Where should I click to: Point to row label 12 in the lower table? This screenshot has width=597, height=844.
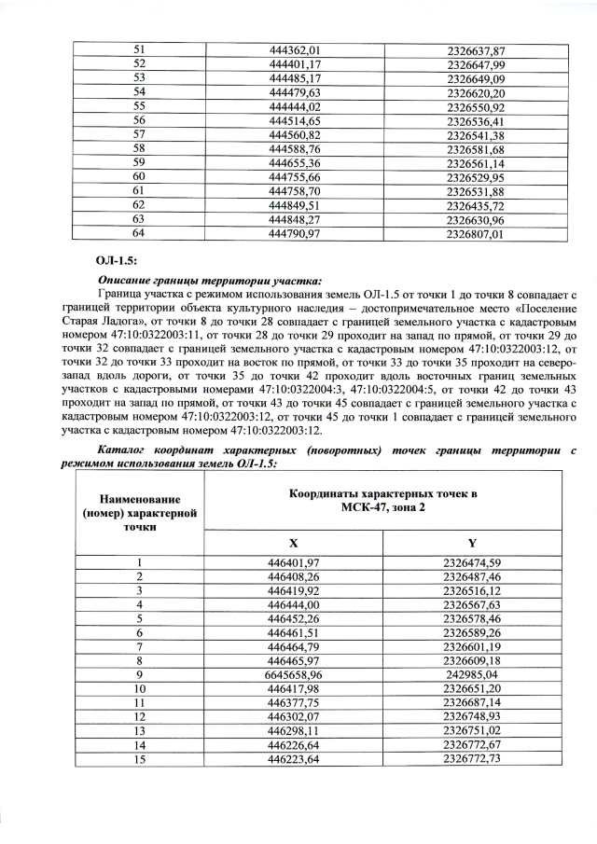coord(138,717)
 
